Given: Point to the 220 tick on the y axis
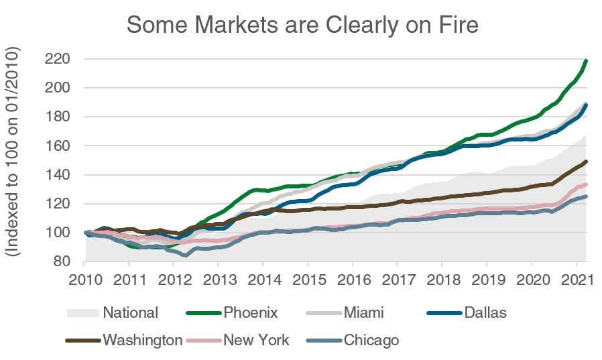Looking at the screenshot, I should click(58, 59).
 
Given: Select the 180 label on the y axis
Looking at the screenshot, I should click(58, 117).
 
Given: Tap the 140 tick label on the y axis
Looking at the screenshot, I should click(58, 175).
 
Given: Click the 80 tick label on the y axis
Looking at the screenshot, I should click(62, 261).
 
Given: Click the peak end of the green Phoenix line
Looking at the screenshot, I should click(586, 61).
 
